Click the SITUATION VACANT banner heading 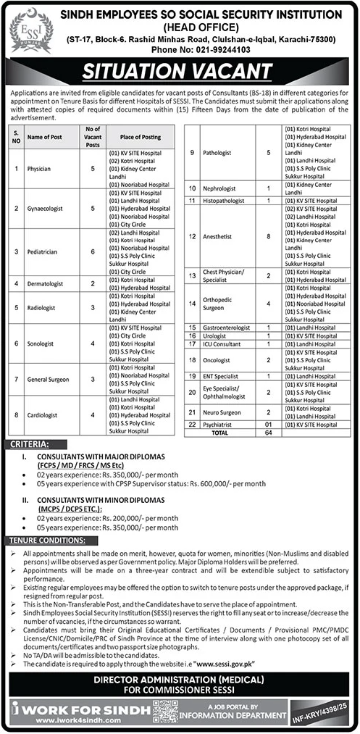click(180, 72)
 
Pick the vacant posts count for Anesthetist click(267, 236)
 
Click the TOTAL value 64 click(267, 431)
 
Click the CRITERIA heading click(30, 443)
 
